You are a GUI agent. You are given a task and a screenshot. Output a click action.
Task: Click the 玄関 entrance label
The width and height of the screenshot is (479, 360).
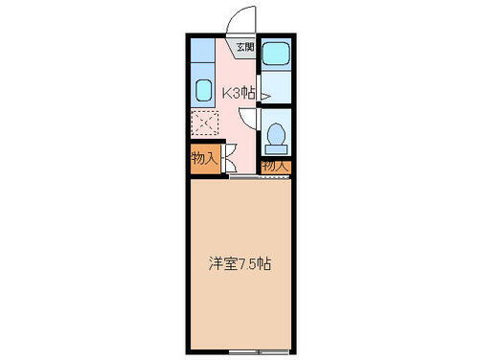coord(246,47)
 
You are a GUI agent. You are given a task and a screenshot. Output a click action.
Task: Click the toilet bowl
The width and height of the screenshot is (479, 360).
coord(276,137)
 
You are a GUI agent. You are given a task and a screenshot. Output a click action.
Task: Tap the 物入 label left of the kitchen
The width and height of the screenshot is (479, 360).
coord(203,156)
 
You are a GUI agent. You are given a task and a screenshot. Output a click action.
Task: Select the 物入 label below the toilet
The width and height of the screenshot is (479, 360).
coord(275,166)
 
